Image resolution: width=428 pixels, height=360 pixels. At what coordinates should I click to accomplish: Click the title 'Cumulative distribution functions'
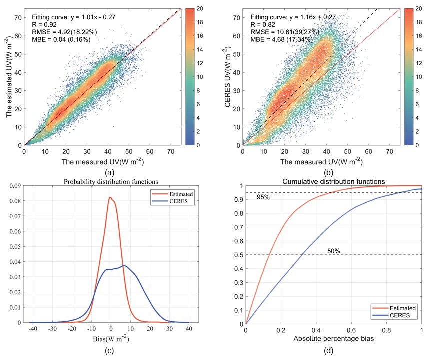click(x=333, y=180)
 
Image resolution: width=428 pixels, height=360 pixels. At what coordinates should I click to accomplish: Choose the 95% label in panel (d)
click(x=264, y=197)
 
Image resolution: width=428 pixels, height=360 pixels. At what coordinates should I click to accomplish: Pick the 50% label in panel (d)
click(x=333, y=250)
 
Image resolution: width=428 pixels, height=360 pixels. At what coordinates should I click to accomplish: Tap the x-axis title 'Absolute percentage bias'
click(x=333, y=338)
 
